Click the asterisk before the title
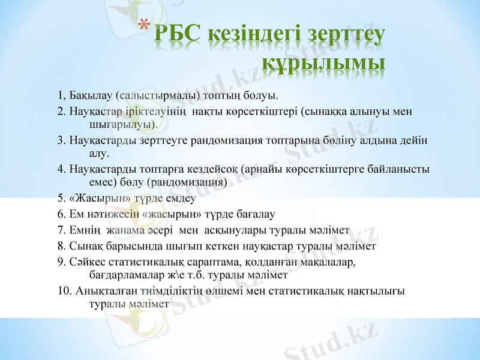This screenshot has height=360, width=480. click(x=142, y=26)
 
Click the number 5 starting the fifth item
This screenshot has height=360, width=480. click(x=61, y=198)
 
